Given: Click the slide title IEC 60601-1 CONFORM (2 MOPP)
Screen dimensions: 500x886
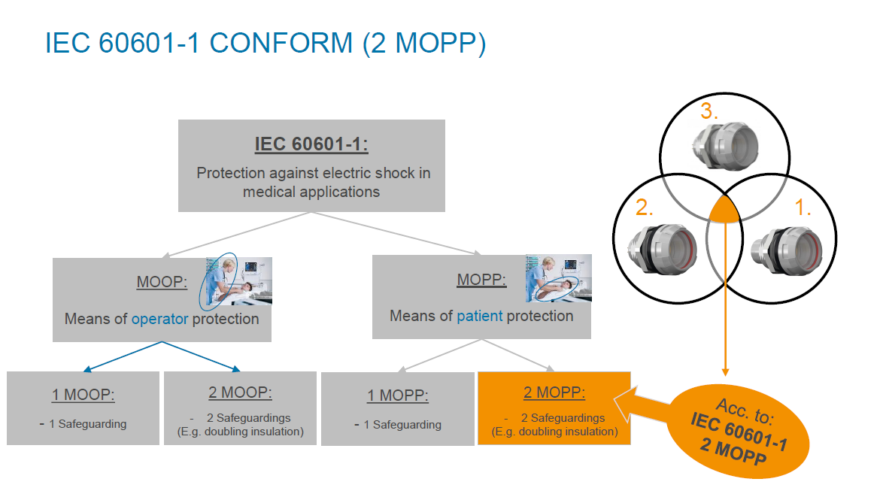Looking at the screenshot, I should [x=265, y=44].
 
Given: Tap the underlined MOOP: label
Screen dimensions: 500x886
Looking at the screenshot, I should [x=161, y=282].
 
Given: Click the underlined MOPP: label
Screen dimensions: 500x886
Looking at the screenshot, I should [x=481, y=280].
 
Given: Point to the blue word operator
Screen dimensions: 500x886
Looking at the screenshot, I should [x=160, y=319].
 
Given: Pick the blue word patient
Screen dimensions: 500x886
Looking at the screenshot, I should [x=479, y=316].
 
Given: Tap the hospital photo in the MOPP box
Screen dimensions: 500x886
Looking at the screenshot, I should [x=557, y=278].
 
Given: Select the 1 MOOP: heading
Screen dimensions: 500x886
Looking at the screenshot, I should [x=83, y=395].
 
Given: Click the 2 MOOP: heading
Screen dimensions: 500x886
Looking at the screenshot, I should [x=240, y=392].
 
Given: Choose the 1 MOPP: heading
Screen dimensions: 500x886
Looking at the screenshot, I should [x=398, y=395].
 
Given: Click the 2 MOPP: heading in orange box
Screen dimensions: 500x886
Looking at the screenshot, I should [x=554, y=392].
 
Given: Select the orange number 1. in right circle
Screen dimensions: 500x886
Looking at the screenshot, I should [x=802, y=209].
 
